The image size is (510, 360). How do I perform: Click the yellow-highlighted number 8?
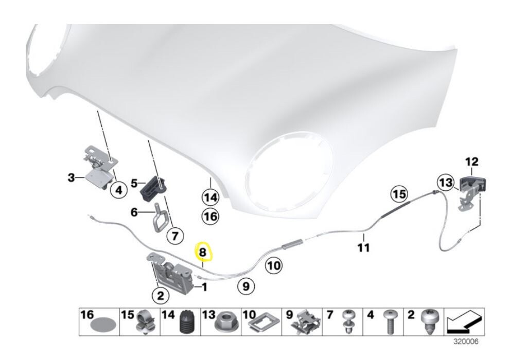coord(203,252)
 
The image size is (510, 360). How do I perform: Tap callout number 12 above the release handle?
coord(471,163)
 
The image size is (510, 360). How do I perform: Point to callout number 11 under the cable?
coord(364,247)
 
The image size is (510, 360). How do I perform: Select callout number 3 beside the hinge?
coord(72,178)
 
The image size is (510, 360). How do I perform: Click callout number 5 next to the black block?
coord(134,182)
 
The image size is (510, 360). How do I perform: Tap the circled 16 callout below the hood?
coord(210,217)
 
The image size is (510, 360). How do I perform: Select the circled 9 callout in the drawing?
coord(245,286)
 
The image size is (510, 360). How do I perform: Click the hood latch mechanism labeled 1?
coord(173,275)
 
